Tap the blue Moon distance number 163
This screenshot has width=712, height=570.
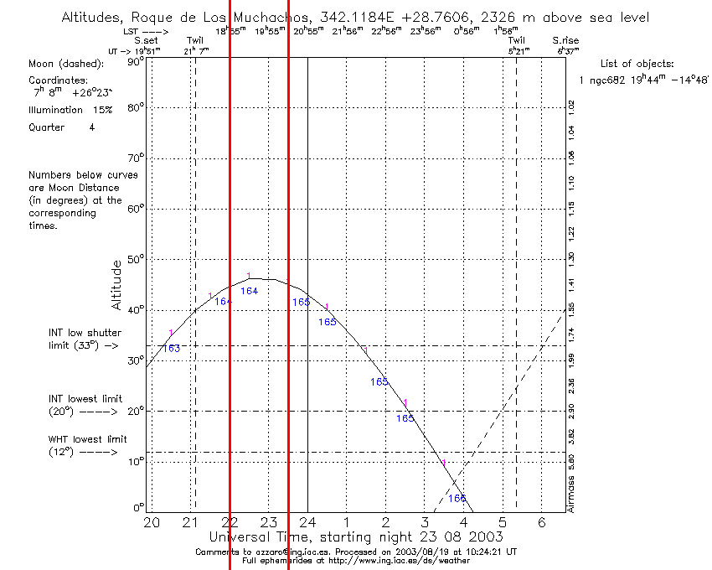point(171,349)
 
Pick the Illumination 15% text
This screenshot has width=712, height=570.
point(66,110)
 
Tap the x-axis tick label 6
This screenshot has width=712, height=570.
point(541,522)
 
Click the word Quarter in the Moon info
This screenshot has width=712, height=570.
point(48,127)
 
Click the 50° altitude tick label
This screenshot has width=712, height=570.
point(135,260)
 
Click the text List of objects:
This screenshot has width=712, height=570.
point(637,64)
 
